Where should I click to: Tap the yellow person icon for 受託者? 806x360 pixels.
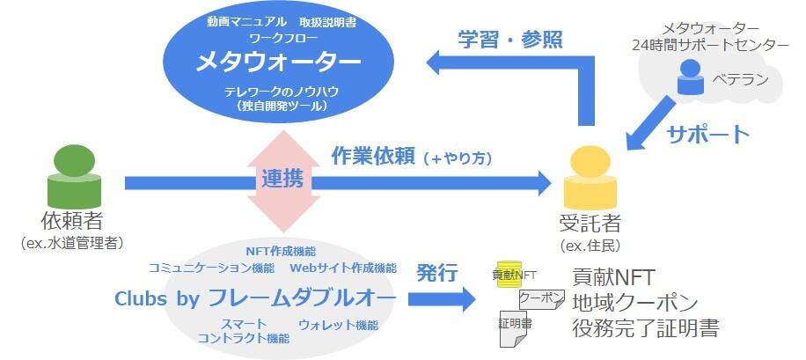(x=590, y=177)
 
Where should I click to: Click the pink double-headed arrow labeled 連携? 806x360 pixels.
(x=282, y=180)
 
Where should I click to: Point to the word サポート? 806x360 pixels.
(x=707, y=135)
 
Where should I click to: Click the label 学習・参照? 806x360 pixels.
(x=509, y=39)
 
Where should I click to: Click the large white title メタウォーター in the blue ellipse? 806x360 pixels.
(x=278, y=63)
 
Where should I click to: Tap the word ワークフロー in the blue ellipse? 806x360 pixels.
(x=278, y=39)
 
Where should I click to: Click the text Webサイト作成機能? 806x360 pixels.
(x=343, y=268)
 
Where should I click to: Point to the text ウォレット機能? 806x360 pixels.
(x=338, y=325)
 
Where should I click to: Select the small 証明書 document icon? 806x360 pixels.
(x=515, y=324)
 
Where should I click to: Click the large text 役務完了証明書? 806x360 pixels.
(x=645, y=328)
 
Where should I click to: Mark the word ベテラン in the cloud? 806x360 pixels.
(x=740, y=81)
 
